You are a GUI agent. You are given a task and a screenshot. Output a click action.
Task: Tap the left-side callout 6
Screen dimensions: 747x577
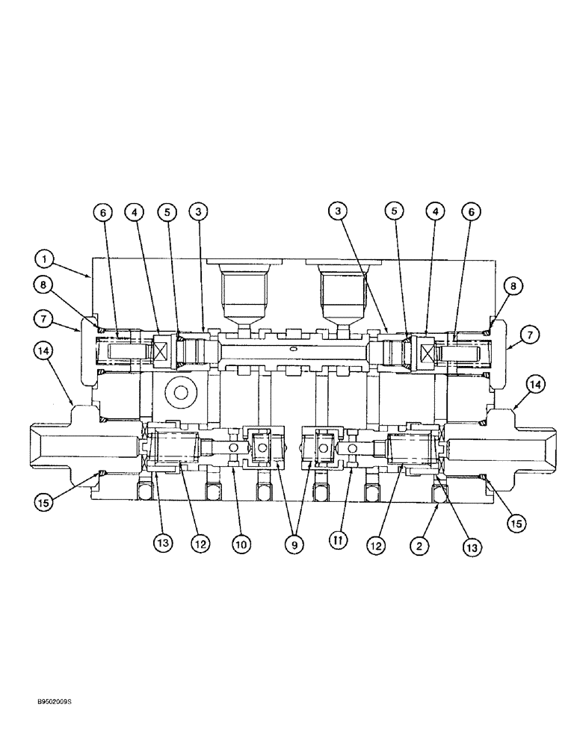tap(104, 212)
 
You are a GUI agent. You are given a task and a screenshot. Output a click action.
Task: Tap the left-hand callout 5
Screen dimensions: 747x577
tap(167, 212)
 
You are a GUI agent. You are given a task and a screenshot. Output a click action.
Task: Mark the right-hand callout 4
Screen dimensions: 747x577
tap(436, 212)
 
